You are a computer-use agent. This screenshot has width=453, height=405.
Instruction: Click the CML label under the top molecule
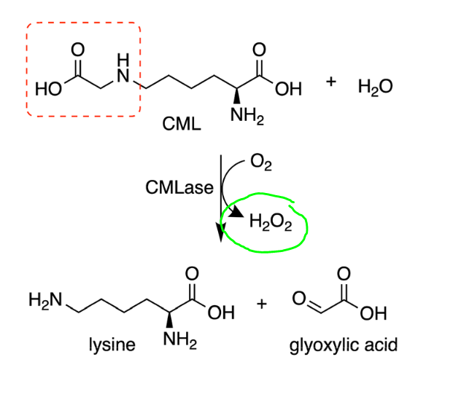click(182, 124)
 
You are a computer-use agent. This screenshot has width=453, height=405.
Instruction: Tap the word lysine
click(112, 345)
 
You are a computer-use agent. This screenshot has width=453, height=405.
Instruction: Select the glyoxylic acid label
click(344, 345)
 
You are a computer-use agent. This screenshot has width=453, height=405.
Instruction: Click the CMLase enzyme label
click(179, 187)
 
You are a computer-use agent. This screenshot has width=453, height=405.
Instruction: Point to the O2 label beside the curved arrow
click(261, 162)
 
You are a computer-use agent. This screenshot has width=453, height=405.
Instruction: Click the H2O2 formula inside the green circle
click(271, 222)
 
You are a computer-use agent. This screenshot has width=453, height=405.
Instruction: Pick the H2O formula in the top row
click(375, 87)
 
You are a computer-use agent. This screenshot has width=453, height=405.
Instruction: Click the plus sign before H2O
click(331, 82)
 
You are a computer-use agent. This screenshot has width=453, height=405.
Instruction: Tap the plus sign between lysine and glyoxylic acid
click(262, 304)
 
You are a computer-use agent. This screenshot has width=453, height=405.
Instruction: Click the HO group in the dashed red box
click(48, 89)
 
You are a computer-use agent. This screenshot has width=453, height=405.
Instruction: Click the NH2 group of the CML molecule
click(247, 116)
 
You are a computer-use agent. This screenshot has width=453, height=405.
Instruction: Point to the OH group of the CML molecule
click(288, 89)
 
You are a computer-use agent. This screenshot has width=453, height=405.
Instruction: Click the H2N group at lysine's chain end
click(45, 300)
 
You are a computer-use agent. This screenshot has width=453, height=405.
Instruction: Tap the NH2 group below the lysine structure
click(180, 340)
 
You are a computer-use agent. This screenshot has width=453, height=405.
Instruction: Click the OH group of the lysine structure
click(221, 312)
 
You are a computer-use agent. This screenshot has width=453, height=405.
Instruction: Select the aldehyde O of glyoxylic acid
click(299, 298)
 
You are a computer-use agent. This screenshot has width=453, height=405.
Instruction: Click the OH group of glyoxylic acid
click(373, 313)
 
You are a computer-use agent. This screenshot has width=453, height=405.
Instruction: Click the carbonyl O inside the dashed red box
click(78, 50)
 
